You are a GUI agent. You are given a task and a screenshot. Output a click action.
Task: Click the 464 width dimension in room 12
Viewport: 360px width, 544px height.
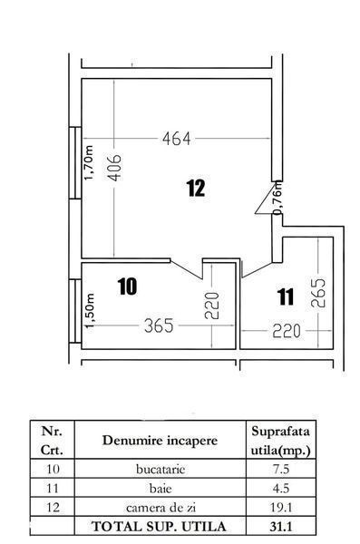pos(176,139)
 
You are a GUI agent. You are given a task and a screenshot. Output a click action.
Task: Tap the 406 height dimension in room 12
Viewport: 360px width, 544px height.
pos(114,168)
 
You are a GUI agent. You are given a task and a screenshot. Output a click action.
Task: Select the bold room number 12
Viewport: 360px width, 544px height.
pos(196,189)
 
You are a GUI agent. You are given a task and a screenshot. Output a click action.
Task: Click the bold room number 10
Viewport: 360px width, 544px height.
pos(127,287)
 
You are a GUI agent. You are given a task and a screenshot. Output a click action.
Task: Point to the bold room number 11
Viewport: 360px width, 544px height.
pos(286,297)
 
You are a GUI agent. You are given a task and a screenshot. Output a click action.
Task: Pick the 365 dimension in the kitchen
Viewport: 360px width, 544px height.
pos(159,325)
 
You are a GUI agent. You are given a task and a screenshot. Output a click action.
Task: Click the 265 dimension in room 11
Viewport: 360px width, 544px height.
pos(318,293)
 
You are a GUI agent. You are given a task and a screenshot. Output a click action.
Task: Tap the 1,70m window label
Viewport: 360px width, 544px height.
pos(89,162)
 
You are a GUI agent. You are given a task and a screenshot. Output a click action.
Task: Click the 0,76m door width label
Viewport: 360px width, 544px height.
pos(278,198)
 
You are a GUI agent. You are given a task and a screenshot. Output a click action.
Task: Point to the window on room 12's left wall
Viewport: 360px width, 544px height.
pos(75,163)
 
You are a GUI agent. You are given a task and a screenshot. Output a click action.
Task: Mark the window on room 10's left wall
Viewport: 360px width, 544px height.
pos(75,311)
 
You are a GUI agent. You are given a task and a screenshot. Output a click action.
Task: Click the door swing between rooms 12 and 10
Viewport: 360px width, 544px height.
pos(187,268)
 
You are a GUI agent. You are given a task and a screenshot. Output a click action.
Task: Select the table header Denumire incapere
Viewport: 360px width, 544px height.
pos(160,441)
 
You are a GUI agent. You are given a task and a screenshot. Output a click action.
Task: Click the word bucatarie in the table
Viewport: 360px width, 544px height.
pos(161,470)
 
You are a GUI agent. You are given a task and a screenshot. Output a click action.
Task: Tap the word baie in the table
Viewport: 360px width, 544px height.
pos(161,489)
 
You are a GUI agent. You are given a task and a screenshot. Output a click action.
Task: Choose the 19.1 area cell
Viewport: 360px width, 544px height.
pos(281,508)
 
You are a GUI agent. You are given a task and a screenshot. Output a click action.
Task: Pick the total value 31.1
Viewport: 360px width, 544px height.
pos(281,527)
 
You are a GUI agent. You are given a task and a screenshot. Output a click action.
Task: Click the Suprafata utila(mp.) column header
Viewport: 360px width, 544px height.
pos(280,441)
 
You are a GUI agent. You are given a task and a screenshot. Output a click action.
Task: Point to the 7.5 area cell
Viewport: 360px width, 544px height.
pos(281,470)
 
